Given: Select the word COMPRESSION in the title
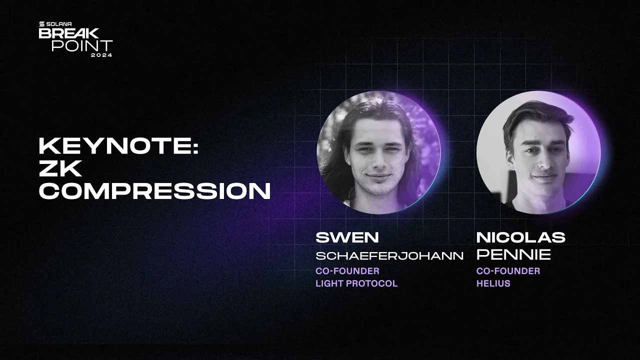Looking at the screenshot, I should [154, 191].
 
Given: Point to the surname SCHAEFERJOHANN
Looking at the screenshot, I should [389, 255].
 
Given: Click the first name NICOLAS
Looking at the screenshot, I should [520, 237].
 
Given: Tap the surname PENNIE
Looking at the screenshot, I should [513, 255].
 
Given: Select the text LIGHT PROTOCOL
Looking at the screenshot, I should [356, 283].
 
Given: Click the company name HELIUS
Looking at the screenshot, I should [492, 283].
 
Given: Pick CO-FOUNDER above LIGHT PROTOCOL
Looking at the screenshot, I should [347, 271].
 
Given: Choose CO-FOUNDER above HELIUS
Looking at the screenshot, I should [508, 271].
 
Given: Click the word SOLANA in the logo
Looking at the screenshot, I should [60, 24].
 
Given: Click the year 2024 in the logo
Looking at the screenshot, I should [101, 54].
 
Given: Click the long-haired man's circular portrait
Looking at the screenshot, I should [378, 152].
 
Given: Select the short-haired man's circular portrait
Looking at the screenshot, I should [538, 152].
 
